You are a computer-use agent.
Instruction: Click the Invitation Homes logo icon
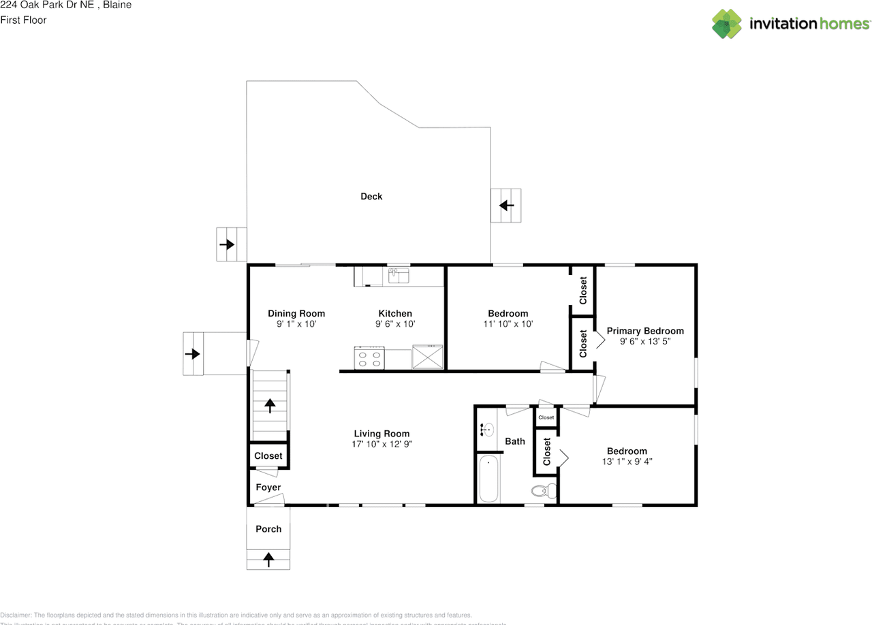click(727, 24)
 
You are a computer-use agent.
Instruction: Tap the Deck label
click(371, 197)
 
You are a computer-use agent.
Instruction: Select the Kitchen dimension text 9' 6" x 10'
click(395, 325)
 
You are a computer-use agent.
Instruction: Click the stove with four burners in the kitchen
click(369, 357)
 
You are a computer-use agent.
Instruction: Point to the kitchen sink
click(398, 276)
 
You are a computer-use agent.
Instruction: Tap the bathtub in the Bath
click(488, 479)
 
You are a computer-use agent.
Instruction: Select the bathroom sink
click(486, 430)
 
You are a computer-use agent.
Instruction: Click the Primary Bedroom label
click(644, 331)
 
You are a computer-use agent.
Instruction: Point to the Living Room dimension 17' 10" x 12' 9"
click(381, 444)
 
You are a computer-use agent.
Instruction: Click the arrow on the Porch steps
click(268, 560)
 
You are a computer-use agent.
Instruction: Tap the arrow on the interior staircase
click(270, 406)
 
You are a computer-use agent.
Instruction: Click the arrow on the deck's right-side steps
click(506, 205)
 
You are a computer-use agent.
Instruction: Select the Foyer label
click(268, 487)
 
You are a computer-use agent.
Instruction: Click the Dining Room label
click(296, 314)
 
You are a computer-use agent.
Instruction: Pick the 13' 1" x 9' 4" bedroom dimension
click(627, 462)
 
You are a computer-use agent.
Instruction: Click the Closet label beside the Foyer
click(268, 456)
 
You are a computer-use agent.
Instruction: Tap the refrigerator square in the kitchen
click(428, 357)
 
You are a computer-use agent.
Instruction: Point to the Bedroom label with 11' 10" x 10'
click(508, 314)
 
